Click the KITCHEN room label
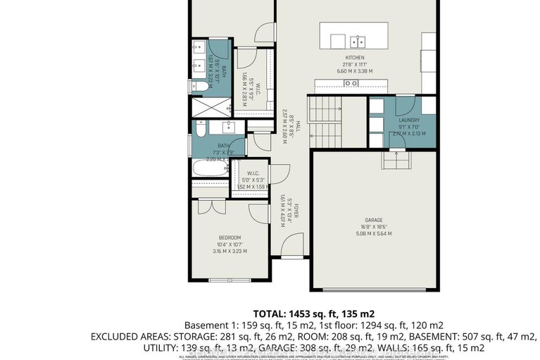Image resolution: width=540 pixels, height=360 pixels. tap(354, 57)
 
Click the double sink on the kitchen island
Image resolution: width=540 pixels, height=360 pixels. tap(356, 40)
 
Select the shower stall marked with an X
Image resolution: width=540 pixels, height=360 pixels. tap(211, 107)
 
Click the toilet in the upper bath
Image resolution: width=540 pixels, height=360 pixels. tap(201, 85)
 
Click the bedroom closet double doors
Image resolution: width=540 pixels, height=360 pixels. tap(207, 206)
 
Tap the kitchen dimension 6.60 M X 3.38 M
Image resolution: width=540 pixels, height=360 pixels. tap(354, 70)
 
